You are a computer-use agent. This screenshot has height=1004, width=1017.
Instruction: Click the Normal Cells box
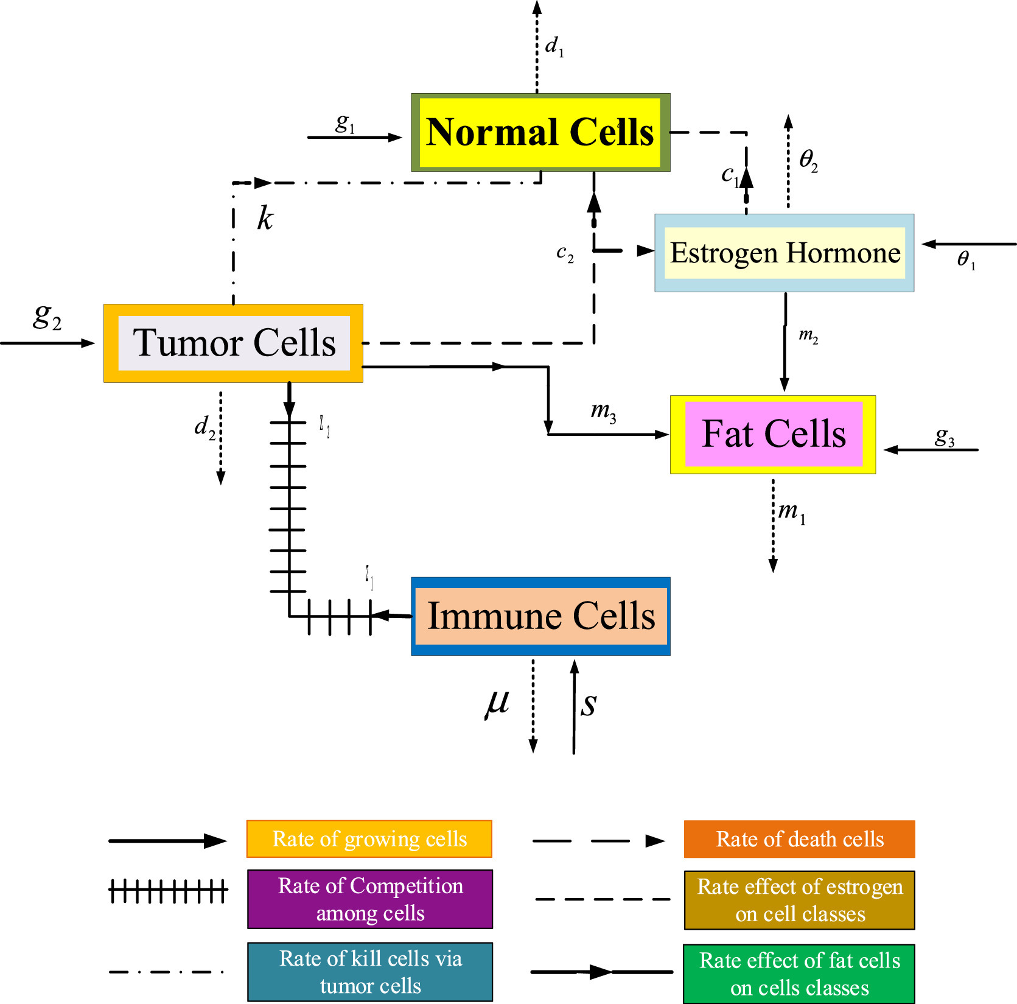click(x=540, y=132)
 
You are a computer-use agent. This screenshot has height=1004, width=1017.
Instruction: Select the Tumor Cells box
click(x=233, y=343)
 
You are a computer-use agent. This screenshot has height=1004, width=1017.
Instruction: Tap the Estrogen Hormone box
click(x=784, y=253)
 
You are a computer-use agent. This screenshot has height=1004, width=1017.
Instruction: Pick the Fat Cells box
click(x=773, y=434)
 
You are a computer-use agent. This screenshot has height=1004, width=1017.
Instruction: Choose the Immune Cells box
click(x=540, y=616)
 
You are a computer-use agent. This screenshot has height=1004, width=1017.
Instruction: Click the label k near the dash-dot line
click(x=265, y=218)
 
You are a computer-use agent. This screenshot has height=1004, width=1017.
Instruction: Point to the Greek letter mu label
click(x=497, y=704)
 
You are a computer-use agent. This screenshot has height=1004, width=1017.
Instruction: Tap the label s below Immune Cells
click(x=589, y=704)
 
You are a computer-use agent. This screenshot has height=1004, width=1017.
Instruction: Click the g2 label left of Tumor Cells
click(x=47, y=317)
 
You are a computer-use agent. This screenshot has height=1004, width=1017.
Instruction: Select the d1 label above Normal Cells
click(x=554, y=46)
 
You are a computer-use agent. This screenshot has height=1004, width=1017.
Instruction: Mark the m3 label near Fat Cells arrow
click(x=603, y=412)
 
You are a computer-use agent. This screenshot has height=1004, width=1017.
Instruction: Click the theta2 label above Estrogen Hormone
click(x=808, y=160)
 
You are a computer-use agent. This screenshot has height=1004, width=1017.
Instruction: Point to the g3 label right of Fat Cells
click(x=944, y=437)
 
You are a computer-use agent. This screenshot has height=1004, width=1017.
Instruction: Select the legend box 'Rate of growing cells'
click(x=369, y=838)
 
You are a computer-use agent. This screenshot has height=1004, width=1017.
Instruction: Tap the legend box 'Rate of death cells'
click(x=799, y=838)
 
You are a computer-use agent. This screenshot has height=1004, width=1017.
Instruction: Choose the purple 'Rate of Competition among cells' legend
click(x=370, y=899)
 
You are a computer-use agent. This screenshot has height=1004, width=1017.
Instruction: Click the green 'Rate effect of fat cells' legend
click(x=799, y=973)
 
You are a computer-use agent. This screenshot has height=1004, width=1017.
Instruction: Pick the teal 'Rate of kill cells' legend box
click(x=370, y=971)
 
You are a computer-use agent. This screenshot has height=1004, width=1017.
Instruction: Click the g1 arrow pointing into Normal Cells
click(x=354, y=138)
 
